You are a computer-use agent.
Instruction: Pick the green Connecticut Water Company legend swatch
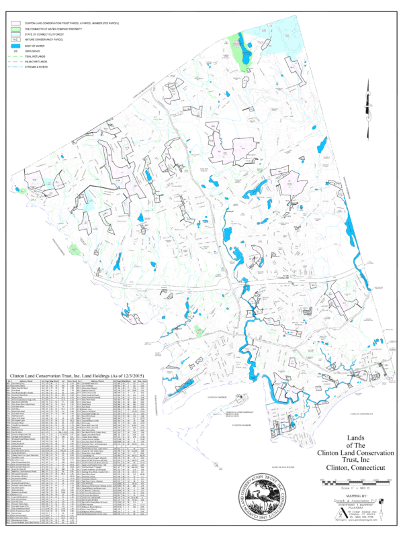pyautogui.click(x=15, y=30)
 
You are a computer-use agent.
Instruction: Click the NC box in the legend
pyautogui.click(x=15, y=39)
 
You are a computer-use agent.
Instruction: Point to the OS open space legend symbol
pyautogui.click(x=15, y=50)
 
